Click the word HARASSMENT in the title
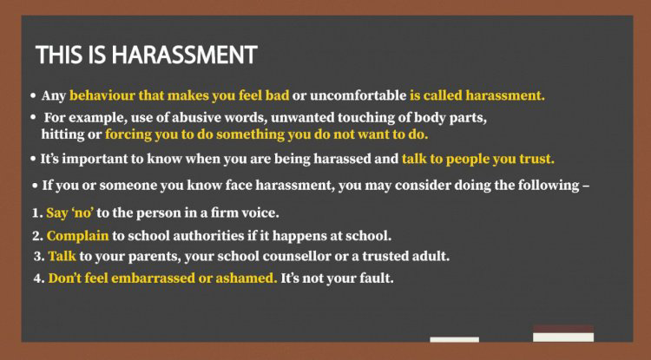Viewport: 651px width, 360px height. [184, 55]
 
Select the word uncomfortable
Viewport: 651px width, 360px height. [358, 95]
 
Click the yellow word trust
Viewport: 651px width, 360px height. [536, 159]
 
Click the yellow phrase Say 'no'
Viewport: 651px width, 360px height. [69, 213]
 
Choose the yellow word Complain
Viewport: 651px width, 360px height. [77, 236]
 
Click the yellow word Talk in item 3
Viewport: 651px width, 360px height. [62, 256]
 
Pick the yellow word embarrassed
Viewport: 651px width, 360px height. [153, 278]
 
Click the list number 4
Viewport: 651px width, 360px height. [38, 278]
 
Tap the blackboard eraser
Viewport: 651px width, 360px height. [563, 333]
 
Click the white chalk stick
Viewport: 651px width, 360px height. [454, 340]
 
